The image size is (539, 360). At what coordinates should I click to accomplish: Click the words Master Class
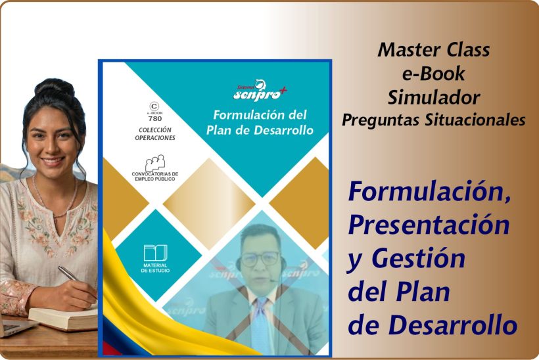(433, 49)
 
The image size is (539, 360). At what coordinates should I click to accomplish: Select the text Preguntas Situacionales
(433, 120)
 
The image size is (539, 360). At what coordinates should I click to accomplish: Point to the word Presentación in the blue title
(429, 225)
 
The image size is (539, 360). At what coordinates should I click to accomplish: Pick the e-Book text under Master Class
(433, 73)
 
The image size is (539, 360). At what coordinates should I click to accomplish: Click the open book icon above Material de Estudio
(155, 253)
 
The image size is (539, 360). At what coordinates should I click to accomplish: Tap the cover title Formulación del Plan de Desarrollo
(259, 122)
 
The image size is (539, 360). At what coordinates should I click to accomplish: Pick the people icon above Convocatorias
(154, 162)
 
